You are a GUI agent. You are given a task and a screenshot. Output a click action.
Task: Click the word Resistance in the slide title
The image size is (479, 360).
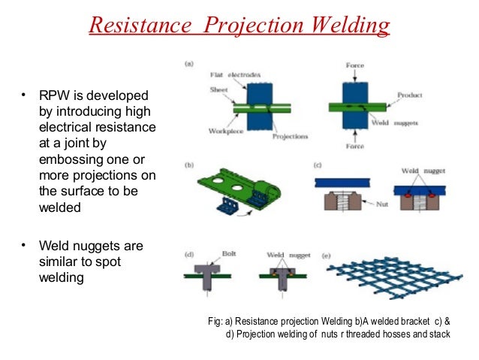click(128, 26)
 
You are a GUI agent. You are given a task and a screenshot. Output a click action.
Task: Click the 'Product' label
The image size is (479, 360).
click(410, 95)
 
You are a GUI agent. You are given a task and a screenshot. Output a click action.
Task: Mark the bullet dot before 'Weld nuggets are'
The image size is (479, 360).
click(24, 245)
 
